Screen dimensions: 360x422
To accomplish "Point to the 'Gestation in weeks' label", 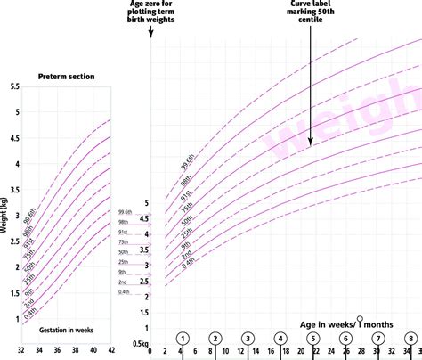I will pyautogui.click(x=65, y=330).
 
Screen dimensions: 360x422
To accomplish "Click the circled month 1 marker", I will pyautogui.click(x=183, y=340).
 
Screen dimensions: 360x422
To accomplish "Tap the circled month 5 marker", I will pyautogui.click(x=312, y=340).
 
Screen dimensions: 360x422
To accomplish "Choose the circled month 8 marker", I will pyautogui.click(x=410, y=340).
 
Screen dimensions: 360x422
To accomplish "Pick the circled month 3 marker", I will pyautogui.click(x=248, y=340).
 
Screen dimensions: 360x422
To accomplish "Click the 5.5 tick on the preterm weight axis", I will pyautogui.click(x=13, y=86).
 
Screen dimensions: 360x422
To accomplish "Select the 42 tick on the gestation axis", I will pyautogui.click(x=110, y=351).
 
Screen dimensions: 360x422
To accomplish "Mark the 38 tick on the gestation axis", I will pyautogui.click(x=74, y=351).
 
